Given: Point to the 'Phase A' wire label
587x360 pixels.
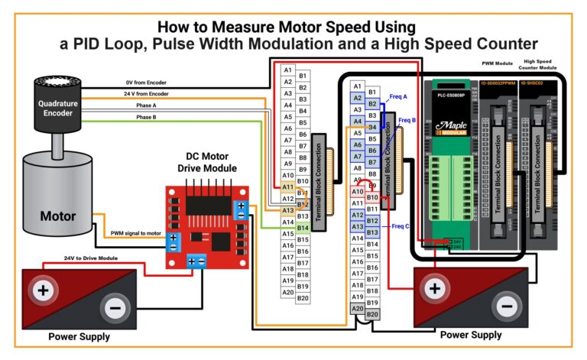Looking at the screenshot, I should click(146, 105).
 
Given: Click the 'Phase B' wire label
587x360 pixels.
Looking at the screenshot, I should click(146, 117).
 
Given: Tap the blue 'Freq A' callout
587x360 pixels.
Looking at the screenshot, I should click(398, 97).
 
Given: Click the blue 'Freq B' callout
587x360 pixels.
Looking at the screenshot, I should click(407, 120).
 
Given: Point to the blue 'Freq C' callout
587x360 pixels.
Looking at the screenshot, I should click(401, 226).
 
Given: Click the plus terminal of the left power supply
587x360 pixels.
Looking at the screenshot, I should click(43, 292).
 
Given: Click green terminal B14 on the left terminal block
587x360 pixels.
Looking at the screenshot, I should click(303, 228).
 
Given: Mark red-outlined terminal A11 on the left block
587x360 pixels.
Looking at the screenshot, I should click(287, 187).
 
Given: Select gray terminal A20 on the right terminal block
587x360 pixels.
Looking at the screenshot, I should click(357, 308).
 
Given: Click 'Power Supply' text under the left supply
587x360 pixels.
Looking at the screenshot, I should click(79, 336).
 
